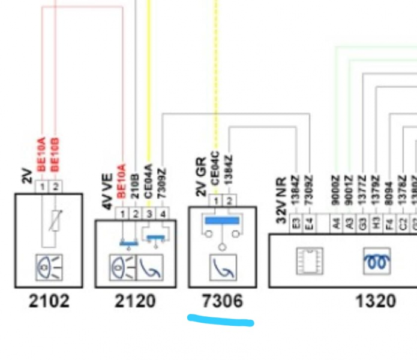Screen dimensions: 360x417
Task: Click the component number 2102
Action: [x=49, y=300]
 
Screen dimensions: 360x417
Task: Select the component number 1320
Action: [x=376, y=301]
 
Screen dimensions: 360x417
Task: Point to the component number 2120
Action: [x=135, y=301]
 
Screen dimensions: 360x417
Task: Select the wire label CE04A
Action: [x=149, y=178]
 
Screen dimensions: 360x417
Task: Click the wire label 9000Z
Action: [x=335, y=187]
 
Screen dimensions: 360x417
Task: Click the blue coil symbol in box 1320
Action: [x=376, y=262]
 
